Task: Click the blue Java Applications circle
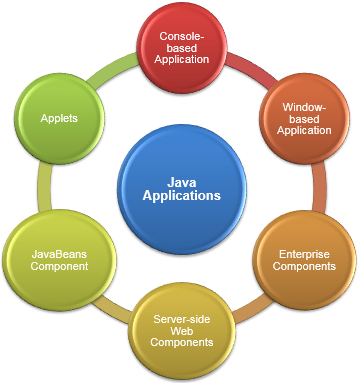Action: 182,189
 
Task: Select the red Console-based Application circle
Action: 182,48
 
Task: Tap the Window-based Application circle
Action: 304,119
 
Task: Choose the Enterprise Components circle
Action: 304,260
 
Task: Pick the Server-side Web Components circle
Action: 182,331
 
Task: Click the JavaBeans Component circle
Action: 60,260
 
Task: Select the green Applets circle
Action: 60,119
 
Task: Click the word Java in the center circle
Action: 182,182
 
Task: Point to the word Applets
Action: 59,118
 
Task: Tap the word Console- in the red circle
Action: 182,36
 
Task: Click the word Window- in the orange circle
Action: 304,107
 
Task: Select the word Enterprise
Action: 304,254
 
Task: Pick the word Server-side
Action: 182,319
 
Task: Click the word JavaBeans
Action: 59,254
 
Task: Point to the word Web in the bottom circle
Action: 182,331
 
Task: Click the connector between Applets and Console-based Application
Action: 113,69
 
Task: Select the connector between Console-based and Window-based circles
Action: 251,68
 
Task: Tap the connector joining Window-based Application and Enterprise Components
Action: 319,187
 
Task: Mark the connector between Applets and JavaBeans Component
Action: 45,187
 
